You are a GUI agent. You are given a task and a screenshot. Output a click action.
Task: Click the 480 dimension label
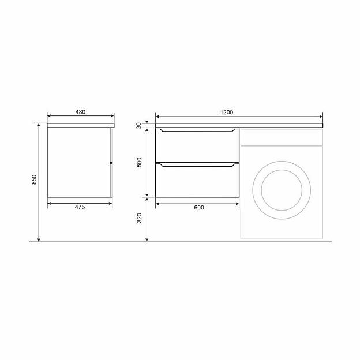tap(80, 112)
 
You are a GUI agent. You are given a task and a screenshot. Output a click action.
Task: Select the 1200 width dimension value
tap(227, 112)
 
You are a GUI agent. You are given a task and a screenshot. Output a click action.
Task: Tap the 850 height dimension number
tap(34, 179)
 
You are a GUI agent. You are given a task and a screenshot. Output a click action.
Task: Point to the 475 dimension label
tap(80, 207)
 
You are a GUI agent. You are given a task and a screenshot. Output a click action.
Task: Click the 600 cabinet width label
tap(199, 207)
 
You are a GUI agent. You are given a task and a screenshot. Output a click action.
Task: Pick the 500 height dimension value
tap(140, 162)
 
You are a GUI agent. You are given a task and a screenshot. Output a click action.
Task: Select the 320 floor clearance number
tap(140, 218)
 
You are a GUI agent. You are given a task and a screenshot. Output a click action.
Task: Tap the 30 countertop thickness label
tap(139, 126)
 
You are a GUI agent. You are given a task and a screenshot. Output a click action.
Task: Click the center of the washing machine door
tap(282, 190)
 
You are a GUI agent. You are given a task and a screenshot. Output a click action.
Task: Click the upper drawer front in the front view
tap(197, 145)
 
